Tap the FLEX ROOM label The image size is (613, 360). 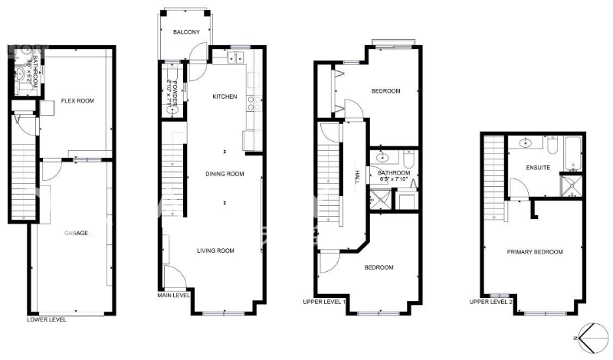[x=78, y=100]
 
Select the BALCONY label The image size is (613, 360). [x=186, y=32]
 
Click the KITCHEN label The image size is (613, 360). [x=225, y=97]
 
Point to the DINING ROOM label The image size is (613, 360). [x=225, y=174]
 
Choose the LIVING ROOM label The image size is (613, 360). [x=216, y=250]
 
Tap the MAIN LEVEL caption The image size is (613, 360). [x=174, y=295]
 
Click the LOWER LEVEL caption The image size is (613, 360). [x=46, y=319]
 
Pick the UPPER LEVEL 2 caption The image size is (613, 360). [x=491, y=302]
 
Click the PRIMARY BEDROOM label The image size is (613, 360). [x=535, y=252]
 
